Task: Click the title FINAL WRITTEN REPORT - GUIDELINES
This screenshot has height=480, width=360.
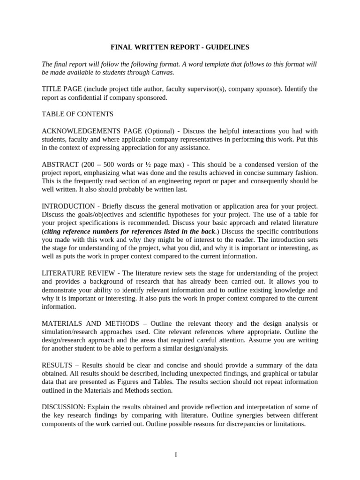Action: (180, 47)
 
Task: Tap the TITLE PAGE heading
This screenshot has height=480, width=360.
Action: (61, 89)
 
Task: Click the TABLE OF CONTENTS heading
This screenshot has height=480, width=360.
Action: (77, 114)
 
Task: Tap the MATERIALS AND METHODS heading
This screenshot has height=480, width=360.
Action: (90, 323)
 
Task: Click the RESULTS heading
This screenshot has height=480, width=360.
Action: (57, 365)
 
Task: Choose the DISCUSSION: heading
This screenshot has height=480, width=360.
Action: (63, 407)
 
